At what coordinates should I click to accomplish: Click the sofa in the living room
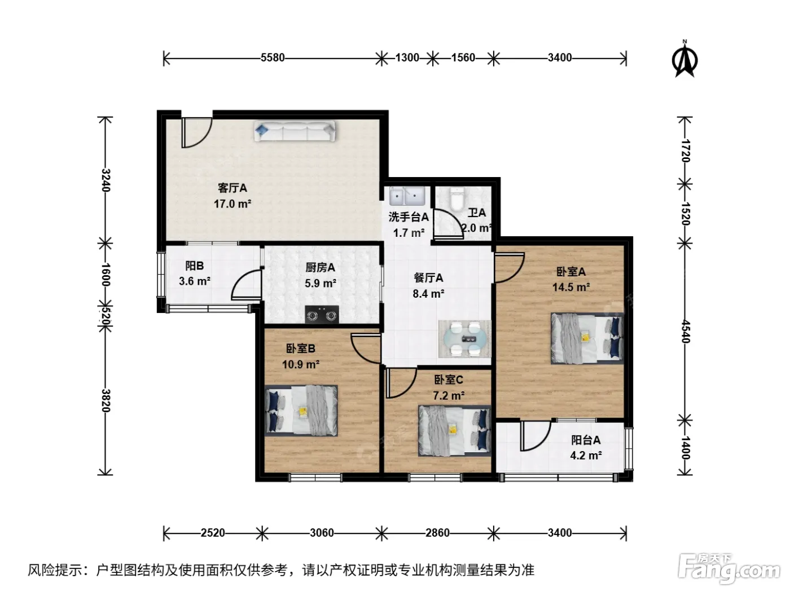(295, 131)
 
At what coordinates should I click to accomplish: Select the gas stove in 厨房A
(322, 315)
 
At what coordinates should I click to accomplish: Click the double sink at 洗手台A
(407, 196)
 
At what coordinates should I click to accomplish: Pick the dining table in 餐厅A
(464, 339)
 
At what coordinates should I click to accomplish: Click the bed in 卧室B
(301, 411)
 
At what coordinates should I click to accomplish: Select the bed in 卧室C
(455, 431)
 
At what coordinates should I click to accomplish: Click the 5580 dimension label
(273, 58)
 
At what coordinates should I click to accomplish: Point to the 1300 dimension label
(407, 58)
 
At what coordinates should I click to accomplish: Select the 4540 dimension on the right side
(685, 332)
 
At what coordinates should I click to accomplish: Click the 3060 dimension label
(322, 532)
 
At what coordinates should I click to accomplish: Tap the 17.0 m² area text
(232, 204)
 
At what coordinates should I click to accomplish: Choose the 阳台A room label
(586, 440)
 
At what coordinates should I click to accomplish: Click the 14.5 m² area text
(571, 287)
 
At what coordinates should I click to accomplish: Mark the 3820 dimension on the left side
(106, 400)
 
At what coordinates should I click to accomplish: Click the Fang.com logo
(728, 569)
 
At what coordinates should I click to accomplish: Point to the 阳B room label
(194, 266)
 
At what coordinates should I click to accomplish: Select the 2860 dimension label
(437, 532)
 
